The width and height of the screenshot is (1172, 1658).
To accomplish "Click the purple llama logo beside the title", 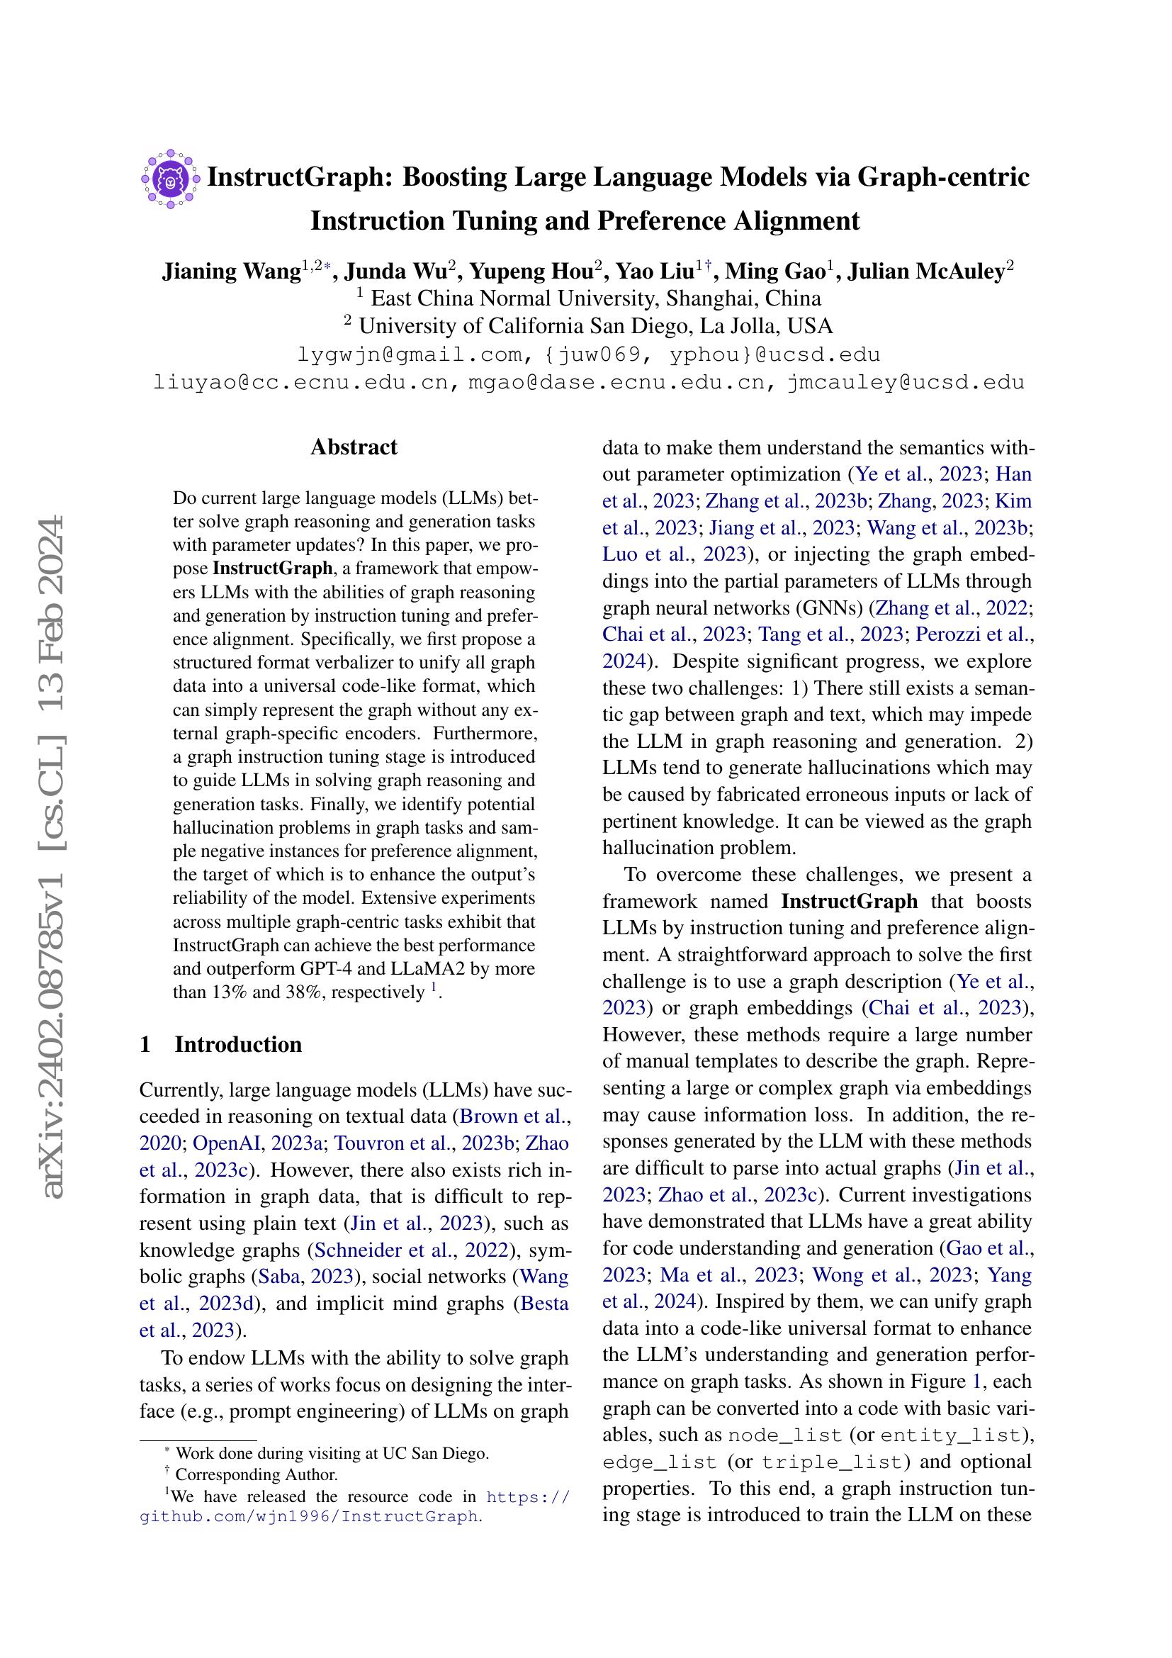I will click(170, 179).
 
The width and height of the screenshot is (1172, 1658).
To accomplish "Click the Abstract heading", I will click(354, 447).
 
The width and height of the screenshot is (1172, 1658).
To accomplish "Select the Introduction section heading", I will click(237, 1045).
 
